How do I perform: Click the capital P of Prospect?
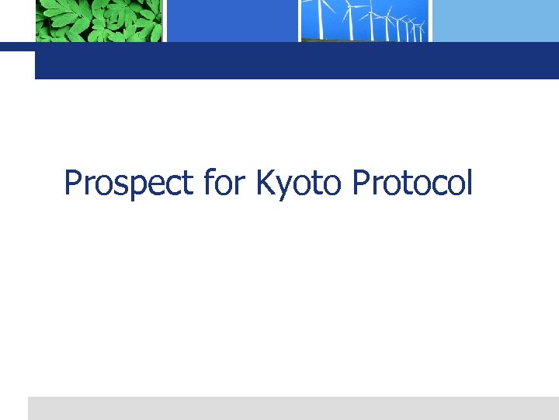(73, 184)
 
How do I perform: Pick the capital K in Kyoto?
(264, 184)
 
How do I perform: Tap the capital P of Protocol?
(360, 184)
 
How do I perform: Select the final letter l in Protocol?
(468, 183)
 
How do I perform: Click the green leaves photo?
(99, 20)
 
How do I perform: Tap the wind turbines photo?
(365, 20)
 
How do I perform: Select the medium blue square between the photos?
(231, 20)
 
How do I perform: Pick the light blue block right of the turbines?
(495, 20)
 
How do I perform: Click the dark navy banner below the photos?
(295, 61)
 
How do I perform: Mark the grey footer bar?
(293, 408)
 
